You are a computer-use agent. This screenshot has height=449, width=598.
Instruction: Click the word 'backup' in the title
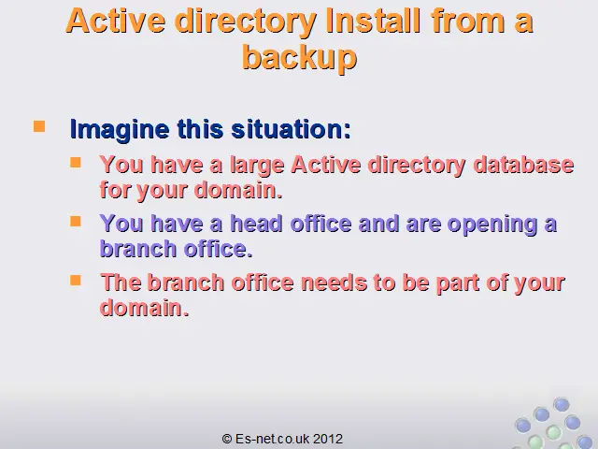[299, 58]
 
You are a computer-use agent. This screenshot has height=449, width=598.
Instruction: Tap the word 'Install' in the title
[374, 21]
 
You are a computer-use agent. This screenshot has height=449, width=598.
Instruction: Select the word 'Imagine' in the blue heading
[120, 130]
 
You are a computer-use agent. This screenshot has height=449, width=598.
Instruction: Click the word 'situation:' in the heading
[291, 129]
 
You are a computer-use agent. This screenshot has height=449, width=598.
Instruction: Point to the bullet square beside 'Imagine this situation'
[39, 126]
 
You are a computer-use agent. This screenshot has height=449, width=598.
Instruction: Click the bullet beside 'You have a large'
[76, 163]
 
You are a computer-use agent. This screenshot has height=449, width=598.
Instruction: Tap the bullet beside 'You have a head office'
[76, 222]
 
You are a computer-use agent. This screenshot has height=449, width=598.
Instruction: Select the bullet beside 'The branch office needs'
[76, 281]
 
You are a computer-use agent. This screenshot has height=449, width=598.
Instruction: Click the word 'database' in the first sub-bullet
[523, 165]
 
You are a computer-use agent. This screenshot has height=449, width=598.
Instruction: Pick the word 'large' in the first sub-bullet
[257, 166]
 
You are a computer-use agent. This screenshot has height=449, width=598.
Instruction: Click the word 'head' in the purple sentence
[257, 224]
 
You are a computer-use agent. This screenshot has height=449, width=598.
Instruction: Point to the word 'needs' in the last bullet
[335, 282]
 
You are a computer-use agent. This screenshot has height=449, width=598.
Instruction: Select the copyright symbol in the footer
[227, 439]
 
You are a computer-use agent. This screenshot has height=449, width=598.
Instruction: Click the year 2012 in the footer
[328, 439]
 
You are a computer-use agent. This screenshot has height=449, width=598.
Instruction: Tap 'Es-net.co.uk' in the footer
[273, 439]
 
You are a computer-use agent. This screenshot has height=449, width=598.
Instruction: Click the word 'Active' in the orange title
[116, 21]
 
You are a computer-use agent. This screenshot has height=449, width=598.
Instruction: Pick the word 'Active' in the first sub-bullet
[326, 165]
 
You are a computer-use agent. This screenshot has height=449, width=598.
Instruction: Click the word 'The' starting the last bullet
[121, 282]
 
